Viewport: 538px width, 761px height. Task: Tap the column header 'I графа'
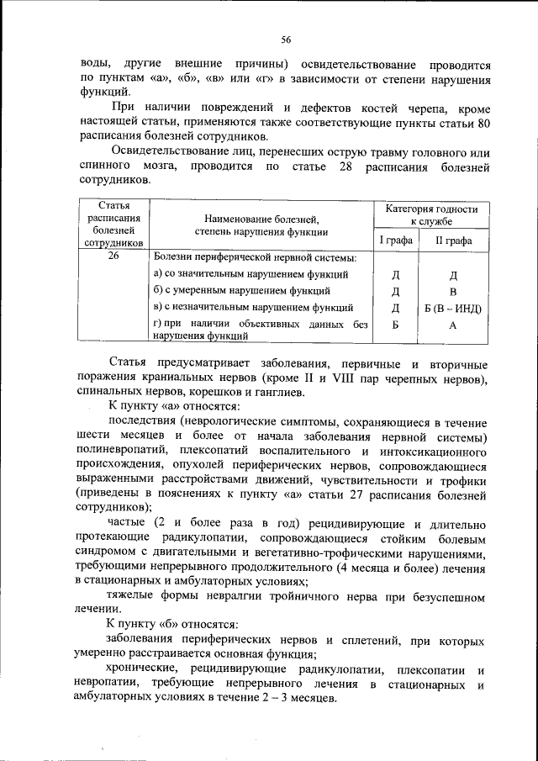(395, 240)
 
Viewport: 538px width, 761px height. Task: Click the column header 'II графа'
(452, 240)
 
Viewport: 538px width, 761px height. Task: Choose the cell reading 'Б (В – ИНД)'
(452, 308)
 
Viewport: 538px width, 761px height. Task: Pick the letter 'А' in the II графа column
(452, 326)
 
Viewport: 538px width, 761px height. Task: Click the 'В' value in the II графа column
(452, 292)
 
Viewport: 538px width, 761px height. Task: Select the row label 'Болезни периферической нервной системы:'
(254, 257)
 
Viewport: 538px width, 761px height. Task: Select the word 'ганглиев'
(282, 392)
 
